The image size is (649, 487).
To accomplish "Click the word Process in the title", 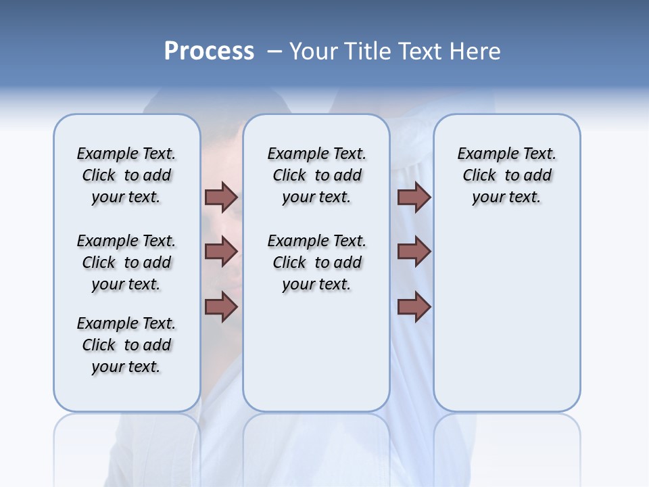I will click(209, 51).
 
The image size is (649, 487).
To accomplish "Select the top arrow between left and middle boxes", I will click(221, 197).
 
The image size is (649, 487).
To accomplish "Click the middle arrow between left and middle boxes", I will click(221, 252).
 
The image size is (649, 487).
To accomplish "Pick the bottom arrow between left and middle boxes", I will click(221, 307).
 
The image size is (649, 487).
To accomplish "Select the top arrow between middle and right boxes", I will click(414, 197).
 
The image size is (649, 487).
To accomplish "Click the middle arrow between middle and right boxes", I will click(414, 252).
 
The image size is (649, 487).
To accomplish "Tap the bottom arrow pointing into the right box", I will click(414, 307).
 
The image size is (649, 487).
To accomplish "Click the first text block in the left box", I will click(126, 175).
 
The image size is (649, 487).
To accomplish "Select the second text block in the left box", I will click(126, 262).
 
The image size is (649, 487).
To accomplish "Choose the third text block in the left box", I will click(126, 345).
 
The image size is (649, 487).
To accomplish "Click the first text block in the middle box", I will click(316, 175).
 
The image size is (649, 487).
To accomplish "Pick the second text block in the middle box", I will click(316, 262).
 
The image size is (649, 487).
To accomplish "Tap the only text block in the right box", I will click(506, 175).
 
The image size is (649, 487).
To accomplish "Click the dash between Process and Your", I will click(274, 52).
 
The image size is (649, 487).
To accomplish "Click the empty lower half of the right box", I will click(506, 325).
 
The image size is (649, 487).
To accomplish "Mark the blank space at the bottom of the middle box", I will click(316, 358).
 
